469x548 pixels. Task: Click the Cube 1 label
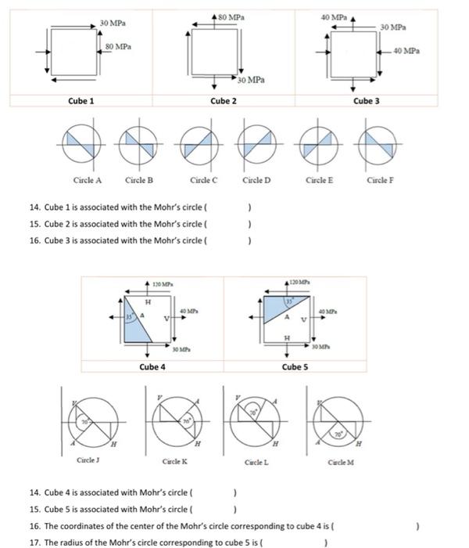point(81,101)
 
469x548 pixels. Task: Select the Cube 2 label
point(224,101)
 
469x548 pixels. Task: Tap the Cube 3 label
point(366,101)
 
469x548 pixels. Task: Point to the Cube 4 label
point(152,366)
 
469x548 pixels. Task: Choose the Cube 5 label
point(294,366)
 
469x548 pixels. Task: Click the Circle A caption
point(88,180)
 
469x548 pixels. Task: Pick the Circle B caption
point(139,180)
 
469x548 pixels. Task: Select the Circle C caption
point(203,180)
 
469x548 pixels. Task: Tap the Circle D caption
point(256,180)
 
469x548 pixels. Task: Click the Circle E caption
point(320,180)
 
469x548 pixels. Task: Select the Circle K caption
point(174,463)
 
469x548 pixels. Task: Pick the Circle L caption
point(256,463)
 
